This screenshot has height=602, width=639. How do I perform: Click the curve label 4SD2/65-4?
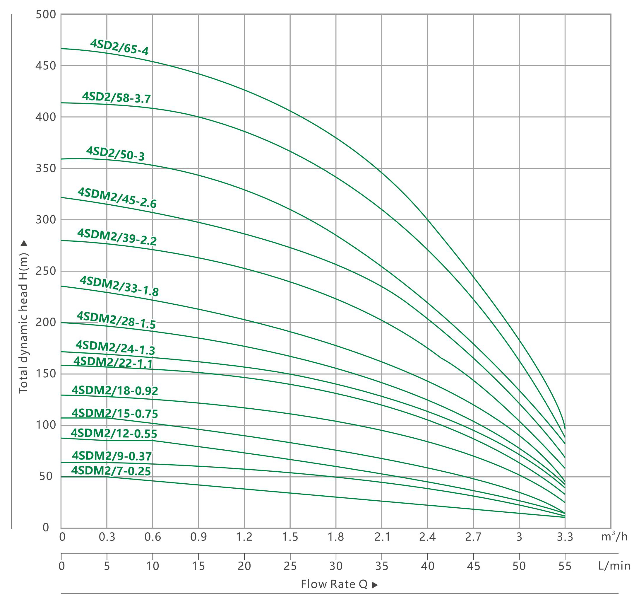click(x=119, y=47)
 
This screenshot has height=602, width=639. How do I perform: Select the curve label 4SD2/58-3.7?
click(x=117, y=98)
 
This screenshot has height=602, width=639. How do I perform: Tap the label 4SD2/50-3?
click(x=115, y=154)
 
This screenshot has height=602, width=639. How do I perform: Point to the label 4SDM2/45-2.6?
click(x=117, y=198)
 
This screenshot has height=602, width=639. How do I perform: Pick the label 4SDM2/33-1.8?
click(x=119, y=286)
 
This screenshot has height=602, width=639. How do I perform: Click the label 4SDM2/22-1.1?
click(x=113, y=362)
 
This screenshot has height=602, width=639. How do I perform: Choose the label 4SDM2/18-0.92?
click(x=115, y=390)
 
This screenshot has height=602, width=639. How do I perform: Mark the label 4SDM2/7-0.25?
click(x=111, y=471)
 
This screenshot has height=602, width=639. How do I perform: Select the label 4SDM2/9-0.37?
click(x=112, y=456)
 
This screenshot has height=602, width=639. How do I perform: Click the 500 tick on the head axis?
click(x=46, y=14)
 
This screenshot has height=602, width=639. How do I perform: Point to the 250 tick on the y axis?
click(x=46, y=271)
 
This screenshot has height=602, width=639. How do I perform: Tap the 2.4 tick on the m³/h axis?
click(x=427, y=537)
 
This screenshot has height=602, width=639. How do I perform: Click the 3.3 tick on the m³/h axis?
click(x=565, y=537)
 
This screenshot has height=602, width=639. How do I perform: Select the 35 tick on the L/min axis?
click(x=382, y=566)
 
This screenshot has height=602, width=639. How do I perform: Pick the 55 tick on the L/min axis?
click(x=565, y=566)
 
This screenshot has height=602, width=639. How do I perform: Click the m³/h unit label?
click(x=614, y=536)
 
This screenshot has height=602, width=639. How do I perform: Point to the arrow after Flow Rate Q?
click(x=375, y=585)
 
